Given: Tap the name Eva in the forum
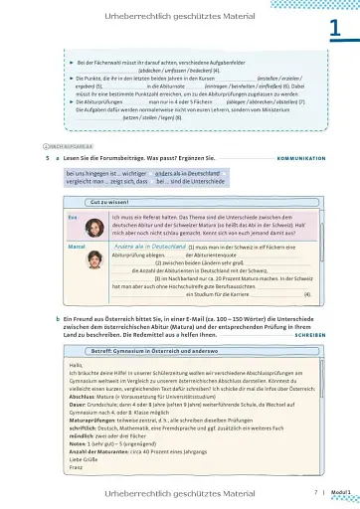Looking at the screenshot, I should click(x=45, y=217).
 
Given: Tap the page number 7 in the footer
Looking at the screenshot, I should click(x=314, y=491).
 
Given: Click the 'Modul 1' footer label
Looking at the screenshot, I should click(x=338, y=491).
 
